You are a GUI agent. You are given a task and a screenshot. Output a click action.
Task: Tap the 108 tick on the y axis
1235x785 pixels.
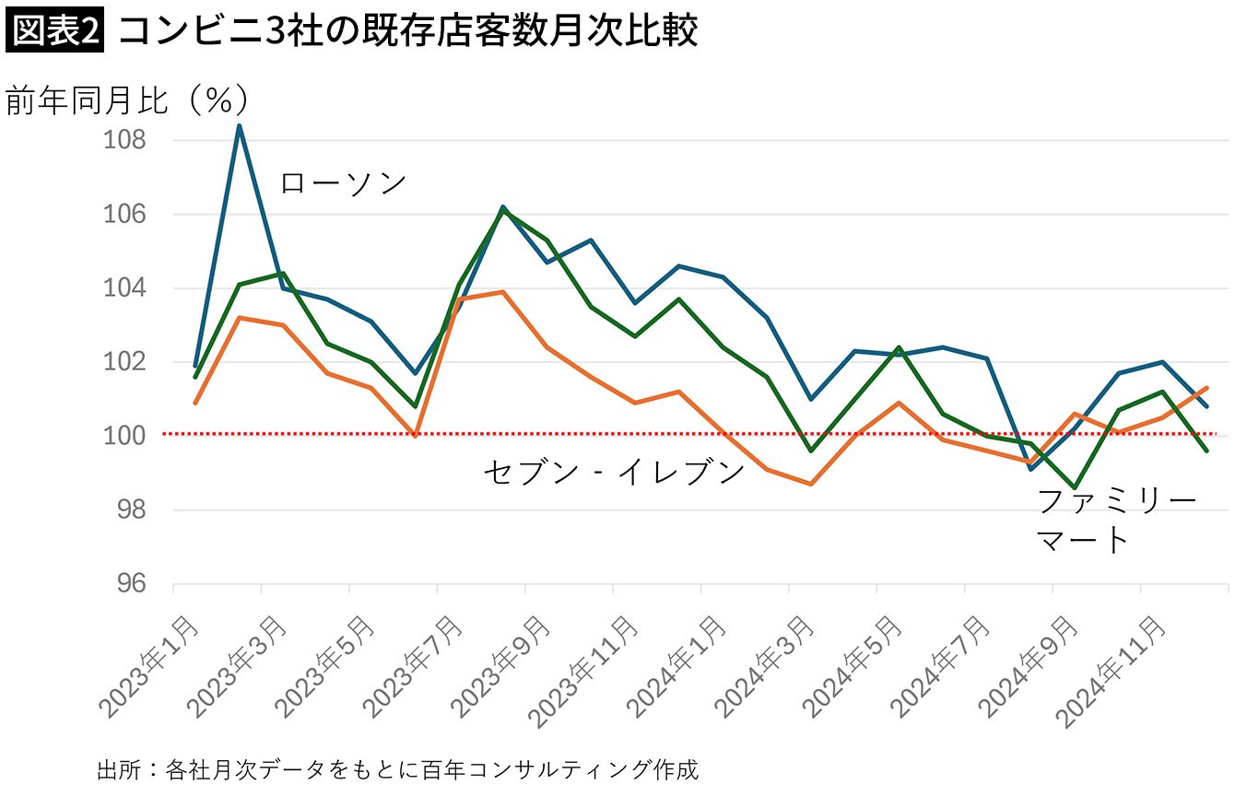tap(126, 141)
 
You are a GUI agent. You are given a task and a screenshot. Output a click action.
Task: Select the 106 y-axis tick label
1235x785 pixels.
tap(126, 215)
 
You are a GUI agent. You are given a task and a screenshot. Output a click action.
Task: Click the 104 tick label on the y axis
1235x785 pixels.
tap(126, 288)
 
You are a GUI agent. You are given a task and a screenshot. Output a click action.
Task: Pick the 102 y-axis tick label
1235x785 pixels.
tap(126, 362)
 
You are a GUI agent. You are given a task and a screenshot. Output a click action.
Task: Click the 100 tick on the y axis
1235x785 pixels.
tap(126, 436)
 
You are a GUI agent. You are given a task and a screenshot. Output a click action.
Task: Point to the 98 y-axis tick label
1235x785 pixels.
tap(132, 510)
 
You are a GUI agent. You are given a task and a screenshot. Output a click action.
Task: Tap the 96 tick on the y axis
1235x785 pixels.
tap(132, 584)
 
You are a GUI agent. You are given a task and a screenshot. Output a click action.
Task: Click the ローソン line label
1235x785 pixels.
tap(343, 182)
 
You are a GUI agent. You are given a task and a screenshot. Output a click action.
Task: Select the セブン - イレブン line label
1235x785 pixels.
tap(614, 472)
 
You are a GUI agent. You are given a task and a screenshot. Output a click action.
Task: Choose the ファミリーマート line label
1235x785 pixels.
tap(1116, 521)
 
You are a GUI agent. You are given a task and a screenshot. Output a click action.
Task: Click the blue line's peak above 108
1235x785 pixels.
tap(239, 125)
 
